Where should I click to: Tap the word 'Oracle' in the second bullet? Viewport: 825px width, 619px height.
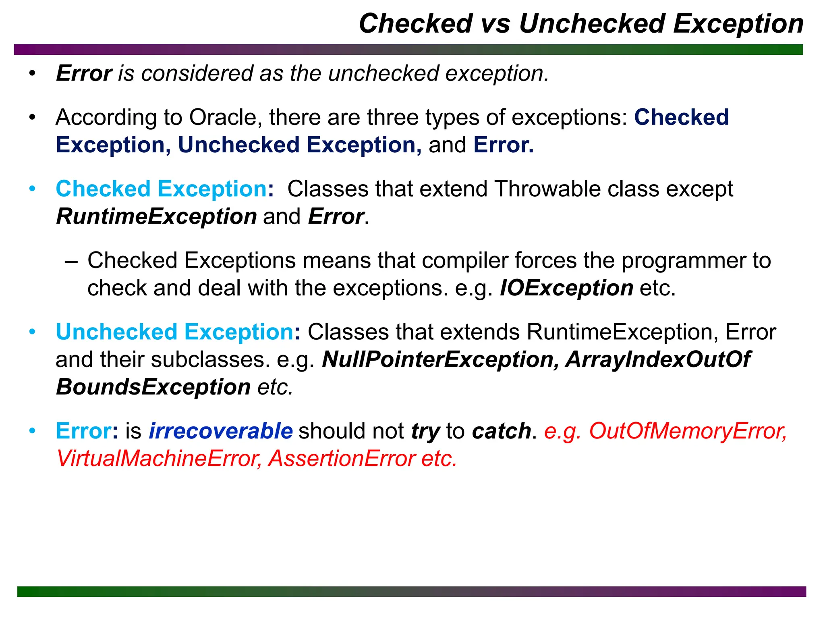tap(223, 118)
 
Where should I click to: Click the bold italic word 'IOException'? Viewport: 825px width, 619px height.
tap(566, 289)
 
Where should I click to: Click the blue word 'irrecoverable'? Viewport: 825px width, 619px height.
tap(221, 431)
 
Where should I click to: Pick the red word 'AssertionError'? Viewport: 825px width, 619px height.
tap(342, 459)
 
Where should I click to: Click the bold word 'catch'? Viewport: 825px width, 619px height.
tap(502, 431)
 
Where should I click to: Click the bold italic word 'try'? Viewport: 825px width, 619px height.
tap(425, 432)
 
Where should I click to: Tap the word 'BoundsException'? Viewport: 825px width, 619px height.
tap(153, 387)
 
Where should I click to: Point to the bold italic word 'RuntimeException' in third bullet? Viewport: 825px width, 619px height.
tap(156, 217)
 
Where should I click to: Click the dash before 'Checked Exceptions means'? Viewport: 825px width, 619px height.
tap(71, 261)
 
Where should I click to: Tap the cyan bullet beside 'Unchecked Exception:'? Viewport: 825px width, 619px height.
tap(32, 332)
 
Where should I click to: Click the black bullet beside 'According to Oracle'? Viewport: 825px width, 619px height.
tap(32, 118)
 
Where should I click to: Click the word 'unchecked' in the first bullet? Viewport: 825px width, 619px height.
tap(383, 74)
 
